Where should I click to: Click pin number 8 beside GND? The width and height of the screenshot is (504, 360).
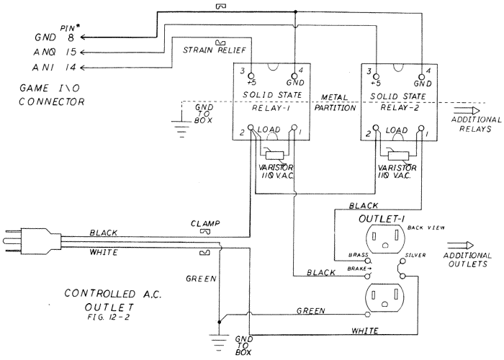coord(71,37)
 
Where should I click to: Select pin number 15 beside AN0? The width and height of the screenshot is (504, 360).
coord(71,52)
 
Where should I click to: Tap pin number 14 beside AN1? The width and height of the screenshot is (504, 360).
coord(71,68)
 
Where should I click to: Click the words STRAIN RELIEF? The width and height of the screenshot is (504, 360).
coord(215,50)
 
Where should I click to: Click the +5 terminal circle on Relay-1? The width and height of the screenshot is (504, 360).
coord(251,76)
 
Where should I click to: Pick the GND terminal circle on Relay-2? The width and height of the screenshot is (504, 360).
coord(421,77)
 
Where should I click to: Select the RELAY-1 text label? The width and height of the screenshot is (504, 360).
coord(271,108)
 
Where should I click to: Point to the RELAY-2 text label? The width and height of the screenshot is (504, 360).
coord(400,107)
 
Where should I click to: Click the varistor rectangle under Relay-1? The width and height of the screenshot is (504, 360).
coord(275,156)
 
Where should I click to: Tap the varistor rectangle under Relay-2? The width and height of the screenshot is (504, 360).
coord(399,156)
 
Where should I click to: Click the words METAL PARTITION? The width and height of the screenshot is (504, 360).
coord(335,102)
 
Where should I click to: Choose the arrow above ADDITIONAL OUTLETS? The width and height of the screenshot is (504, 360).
coord(460,246)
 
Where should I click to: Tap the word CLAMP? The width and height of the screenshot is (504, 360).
coord(205,223)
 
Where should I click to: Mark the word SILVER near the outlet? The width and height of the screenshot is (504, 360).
coord(415,255)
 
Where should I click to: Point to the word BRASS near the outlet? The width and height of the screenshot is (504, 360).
coord(359,255)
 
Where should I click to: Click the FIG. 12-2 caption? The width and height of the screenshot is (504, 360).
coord(109,318)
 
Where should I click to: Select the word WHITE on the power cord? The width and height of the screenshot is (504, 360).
coord(104,252)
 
